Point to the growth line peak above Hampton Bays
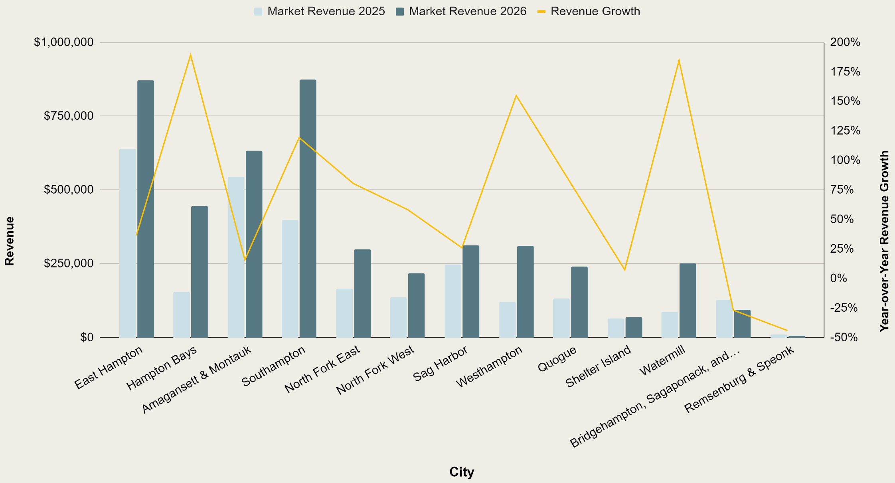(191, 55)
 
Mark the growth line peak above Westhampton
(516, 96)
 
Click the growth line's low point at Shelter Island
(624, 270)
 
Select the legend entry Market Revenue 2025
(320, 11)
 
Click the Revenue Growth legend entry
(589, 11)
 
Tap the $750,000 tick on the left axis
(69, 116)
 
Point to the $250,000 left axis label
(69, 263)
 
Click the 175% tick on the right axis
(845, 72)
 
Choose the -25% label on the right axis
(844, 308)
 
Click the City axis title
(462, 472)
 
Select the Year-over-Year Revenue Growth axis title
(885, 241)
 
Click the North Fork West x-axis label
(375, 370)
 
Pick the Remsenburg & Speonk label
(739, 379)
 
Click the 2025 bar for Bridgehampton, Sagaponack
(724, 319)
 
